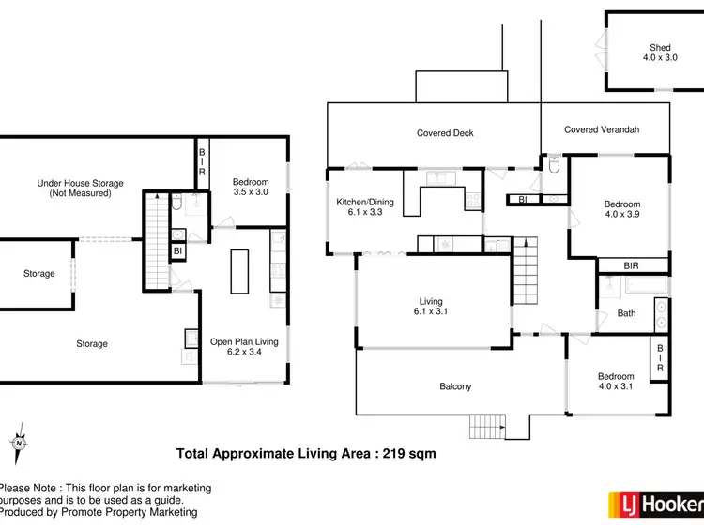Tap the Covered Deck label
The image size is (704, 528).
(446, 133)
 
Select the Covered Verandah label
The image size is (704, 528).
(602, 129)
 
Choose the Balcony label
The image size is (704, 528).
(455, 386)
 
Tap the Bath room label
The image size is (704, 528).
(626, 314)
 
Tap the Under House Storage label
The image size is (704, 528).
(80, 188)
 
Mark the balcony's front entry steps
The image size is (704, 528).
(487, 426)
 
